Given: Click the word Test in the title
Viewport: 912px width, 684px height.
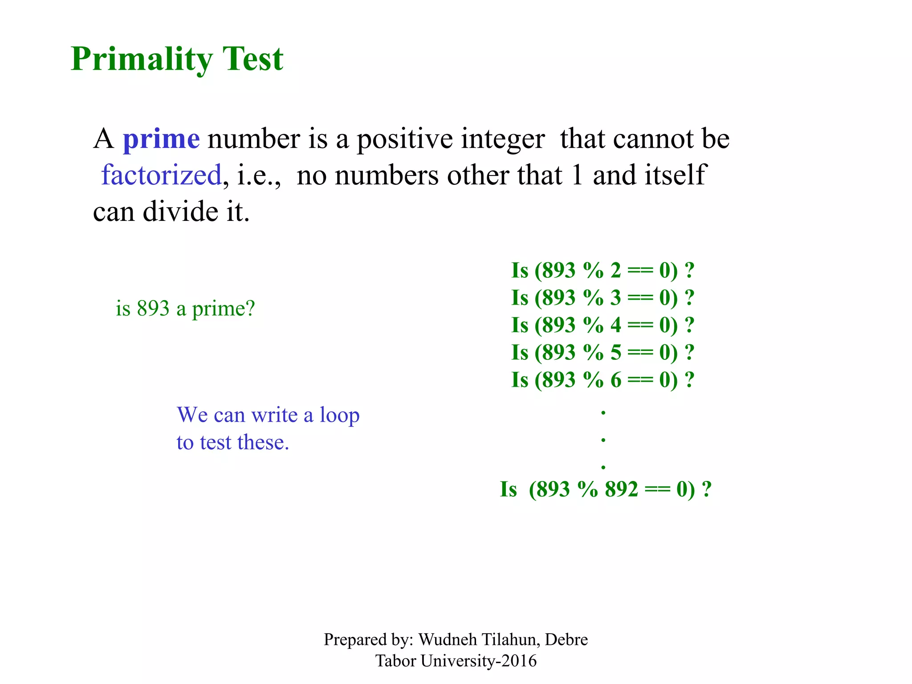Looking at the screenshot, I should (252, 59).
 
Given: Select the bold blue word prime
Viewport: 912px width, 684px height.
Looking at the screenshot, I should (161, 139).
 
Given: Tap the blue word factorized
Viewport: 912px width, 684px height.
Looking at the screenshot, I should (161, 175).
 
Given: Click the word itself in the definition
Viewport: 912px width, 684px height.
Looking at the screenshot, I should (673, 175).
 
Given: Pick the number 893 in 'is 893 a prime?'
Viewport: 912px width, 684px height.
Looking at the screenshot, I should (153, 309).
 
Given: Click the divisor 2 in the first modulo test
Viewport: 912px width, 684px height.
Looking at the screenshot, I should (615, 271).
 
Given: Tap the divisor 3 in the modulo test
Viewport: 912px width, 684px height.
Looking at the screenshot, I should (615, 298).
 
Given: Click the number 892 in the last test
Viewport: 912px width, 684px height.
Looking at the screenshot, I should (621, 489).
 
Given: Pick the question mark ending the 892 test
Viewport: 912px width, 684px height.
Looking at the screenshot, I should (706, 489).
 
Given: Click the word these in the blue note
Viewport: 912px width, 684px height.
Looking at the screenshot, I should (263, 443).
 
